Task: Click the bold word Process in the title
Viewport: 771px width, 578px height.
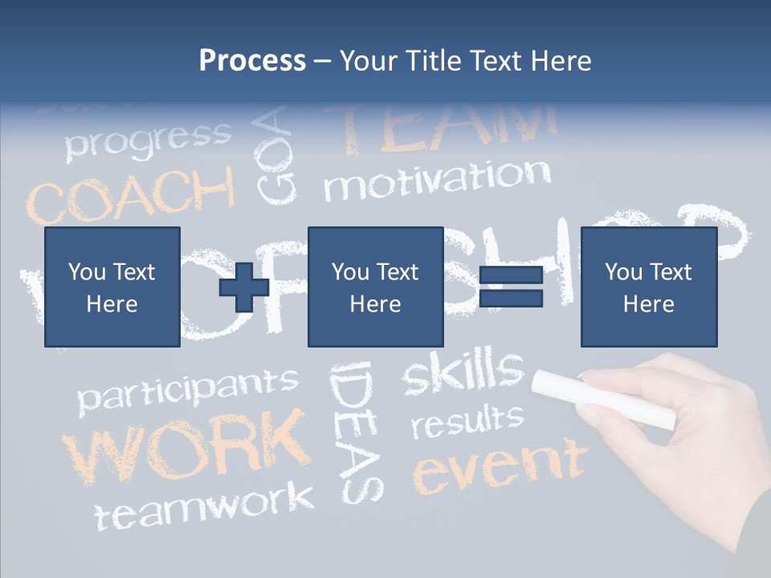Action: [x=252, y=61]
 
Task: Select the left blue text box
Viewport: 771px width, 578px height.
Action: [x=112, y=287]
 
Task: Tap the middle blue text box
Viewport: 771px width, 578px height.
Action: [x=375, y=287]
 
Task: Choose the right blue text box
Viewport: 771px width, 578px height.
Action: [x=648, y=287]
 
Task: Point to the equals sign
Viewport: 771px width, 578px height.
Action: [x=511, y=287]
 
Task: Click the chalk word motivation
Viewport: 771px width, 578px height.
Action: [x=438, y=181]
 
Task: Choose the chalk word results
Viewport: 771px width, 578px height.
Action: [x=467, y=421]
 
